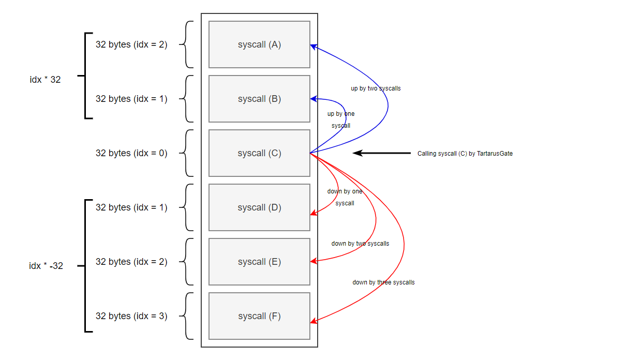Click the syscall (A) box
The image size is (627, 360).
point(259,44)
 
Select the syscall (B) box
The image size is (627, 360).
point(259,99)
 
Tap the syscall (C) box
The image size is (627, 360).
point(259,153)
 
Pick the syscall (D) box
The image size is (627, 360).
point(259,207)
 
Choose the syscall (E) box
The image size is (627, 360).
point(259,262)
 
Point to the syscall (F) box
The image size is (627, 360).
point(259,316)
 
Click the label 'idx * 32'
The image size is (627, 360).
point(45,80)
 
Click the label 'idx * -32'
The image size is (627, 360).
point(46,266)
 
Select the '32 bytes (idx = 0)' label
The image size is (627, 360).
point(131,153)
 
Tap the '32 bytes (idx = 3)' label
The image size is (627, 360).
point(131,316)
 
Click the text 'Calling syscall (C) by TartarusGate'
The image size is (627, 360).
point(465,154)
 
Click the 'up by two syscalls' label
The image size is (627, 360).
point(376,88)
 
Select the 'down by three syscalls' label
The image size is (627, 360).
point(383,282)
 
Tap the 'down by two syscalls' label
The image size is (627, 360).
point(360,244)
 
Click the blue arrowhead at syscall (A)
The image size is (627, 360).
point(313,46)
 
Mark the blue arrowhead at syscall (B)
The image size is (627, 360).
point(313,99)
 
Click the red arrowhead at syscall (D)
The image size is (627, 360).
point(313,213)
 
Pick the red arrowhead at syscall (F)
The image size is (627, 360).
point(313,321)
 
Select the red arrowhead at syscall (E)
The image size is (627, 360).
point(313,261)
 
